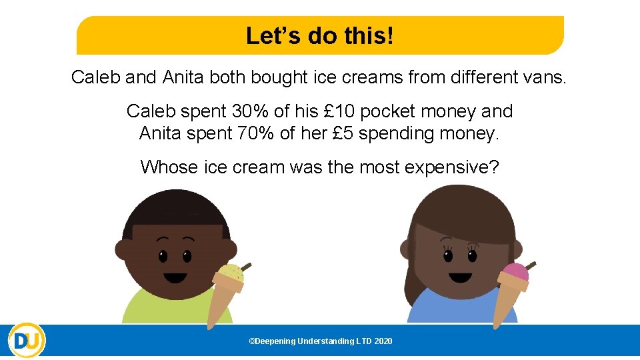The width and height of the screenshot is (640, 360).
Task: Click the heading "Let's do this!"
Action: coord(320,35)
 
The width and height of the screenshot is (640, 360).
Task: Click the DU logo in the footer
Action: coord(27,341)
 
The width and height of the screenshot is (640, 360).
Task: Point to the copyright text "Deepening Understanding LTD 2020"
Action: coord(321,341)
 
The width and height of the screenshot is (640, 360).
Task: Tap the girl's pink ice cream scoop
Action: coord(515,271)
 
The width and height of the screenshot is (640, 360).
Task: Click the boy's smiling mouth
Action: coord(175,279)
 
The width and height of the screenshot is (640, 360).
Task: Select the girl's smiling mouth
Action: coord(461,277)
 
